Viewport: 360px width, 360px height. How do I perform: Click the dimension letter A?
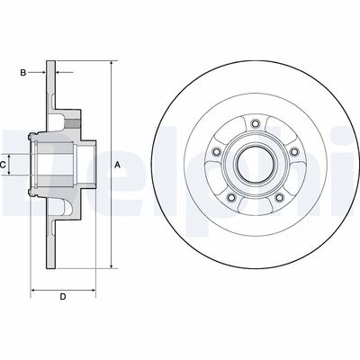pos(118,165)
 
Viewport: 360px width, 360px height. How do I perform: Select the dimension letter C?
pos(4,165)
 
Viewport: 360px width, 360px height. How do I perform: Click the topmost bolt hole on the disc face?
pos(254,124)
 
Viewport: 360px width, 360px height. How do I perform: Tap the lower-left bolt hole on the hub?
pos(230,197)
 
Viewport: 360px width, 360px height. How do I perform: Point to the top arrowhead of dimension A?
pos(111,66)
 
